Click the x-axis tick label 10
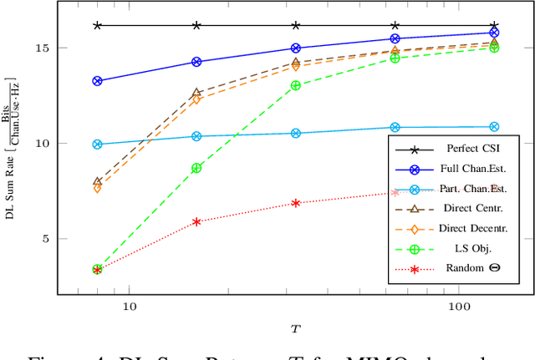coord(130,307)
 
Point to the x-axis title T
coord(295,329)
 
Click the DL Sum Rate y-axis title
coord(12,149)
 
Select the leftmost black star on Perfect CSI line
coord(98,25)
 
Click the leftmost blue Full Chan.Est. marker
coord(98,81)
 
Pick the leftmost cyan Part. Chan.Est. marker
coord(98,145)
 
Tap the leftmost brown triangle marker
coord(98,181)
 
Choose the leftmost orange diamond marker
coord(98,189)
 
